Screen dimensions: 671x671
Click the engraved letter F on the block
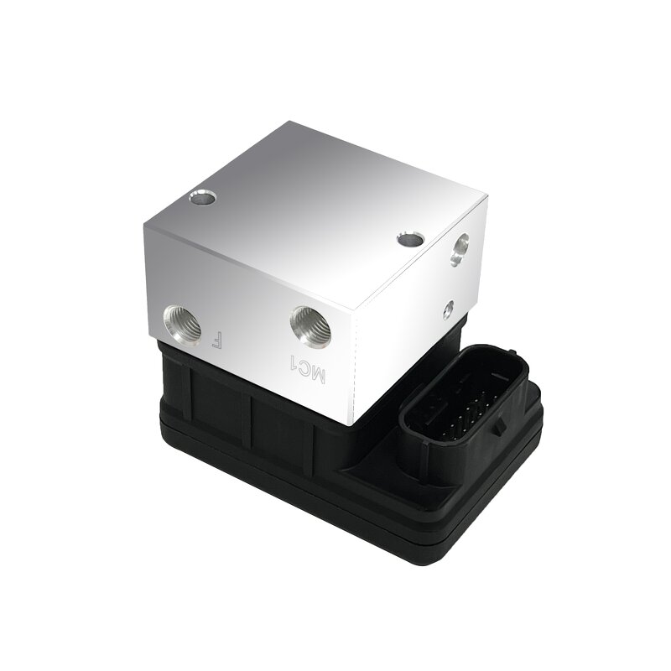point(216,341)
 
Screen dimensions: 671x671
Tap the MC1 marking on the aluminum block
point(301,367)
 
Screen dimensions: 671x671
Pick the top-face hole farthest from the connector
point(202,200)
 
